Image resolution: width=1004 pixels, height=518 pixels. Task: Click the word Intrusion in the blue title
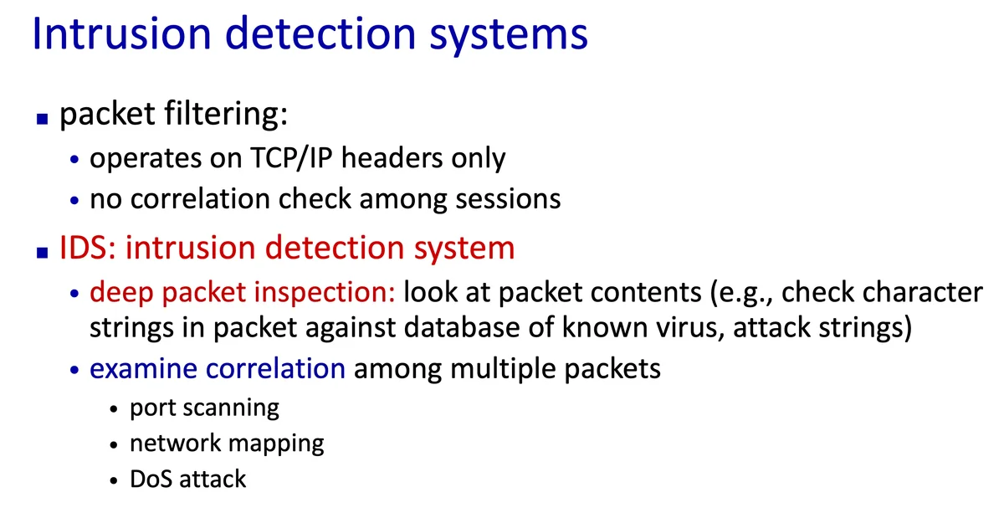click(x=121, y=33)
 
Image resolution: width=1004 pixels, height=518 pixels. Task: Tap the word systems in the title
click(x=509, y=37)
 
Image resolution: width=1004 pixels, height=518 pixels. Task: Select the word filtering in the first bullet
click(x=227, y=114)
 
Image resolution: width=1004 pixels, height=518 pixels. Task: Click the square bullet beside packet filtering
click(x=42, y=119)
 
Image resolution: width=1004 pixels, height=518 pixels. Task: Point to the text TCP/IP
click(x=291, y=158)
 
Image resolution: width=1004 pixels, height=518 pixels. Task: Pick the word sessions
click(x=508, y=199)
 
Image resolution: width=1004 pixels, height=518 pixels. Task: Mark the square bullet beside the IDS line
click(x=42, y=253)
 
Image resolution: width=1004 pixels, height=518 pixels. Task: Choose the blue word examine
click(x=143, y=369)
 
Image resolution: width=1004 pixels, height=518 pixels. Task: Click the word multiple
click(x=503, y=370)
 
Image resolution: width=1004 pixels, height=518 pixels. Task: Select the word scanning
click(x=231, y=408)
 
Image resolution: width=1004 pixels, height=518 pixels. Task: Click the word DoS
click(x=151, y=479)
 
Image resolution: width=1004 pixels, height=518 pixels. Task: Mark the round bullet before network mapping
click(x=114, y=445)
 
